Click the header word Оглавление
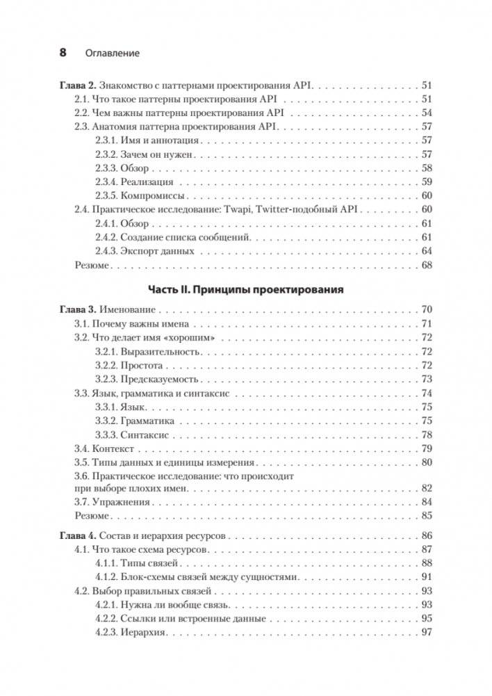(x=112, y=53)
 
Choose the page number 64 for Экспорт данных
(x=426, y=251)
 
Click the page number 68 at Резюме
(x=426, y=265)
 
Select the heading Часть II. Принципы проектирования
(x=247, y=289)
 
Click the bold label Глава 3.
(x=76, y=309)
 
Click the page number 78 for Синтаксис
(x=426, y=435)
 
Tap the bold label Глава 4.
(x=76, y=535)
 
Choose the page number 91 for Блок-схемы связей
(x=426, y=577)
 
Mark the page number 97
(x=426, y=632)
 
